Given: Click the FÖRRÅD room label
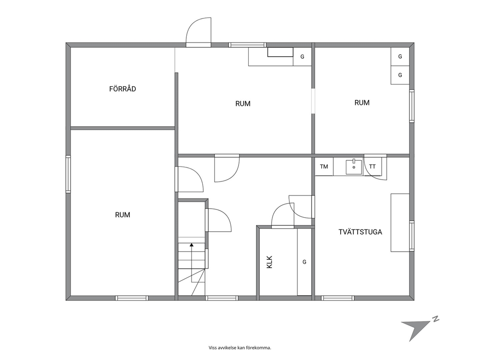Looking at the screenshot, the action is pos(122,89).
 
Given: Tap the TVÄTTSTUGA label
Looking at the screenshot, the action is pos(360,232).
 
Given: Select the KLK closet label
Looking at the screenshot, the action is pos(270,262).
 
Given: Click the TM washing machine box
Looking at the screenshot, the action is pos(324,166).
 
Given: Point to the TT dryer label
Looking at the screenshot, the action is pos(372,166).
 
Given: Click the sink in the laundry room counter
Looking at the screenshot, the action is pos(354,167).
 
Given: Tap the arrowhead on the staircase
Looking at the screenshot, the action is pos(192,244).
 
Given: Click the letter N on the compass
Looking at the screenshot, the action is pos(435,319).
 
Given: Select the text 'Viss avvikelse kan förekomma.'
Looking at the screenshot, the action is pos(240,348).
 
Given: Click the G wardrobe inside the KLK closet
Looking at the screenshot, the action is pos(304,262).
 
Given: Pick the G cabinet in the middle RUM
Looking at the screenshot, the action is pos(302,57).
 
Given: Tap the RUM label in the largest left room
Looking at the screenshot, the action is pos(122,215).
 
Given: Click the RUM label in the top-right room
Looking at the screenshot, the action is pos(362,103).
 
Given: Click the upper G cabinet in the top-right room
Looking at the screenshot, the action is pos(400,57).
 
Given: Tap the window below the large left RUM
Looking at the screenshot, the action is pos(132,298).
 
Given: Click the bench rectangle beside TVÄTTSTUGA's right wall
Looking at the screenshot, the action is pos(400,223).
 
